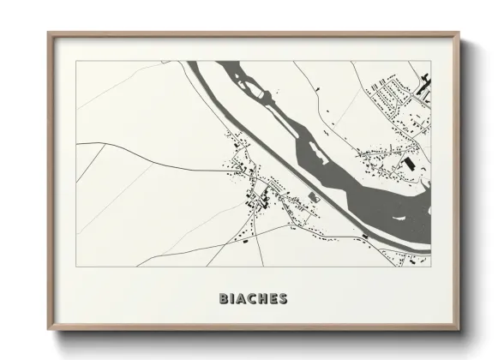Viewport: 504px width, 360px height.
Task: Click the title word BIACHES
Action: pos(253,299)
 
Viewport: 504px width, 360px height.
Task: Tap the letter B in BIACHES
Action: pos(224,299)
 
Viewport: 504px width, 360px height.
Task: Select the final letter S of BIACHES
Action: pos(282,299)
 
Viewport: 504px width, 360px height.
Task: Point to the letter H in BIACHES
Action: pos(262,299)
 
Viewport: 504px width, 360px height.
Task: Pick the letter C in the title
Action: pos(252,299)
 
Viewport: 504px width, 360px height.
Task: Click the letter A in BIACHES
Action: pos(242,299)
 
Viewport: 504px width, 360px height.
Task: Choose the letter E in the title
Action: pos(273,299)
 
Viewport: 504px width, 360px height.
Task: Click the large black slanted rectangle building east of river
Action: pos(410,163)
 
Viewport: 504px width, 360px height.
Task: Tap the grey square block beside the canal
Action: pos(314,198)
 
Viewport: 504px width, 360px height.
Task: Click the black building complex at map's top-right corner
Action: pos(426,84)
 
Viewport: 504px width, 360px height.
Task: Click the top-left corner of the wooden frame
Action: pos(48,33)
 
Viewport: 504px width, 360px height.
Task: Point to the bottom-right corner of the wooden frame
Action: pos(460,328)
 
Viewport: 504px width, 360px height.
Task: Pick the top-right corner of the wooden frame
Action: pos(460,33)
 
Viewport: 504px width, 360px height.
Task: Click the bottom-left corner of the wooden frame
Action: pos(48,328)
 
